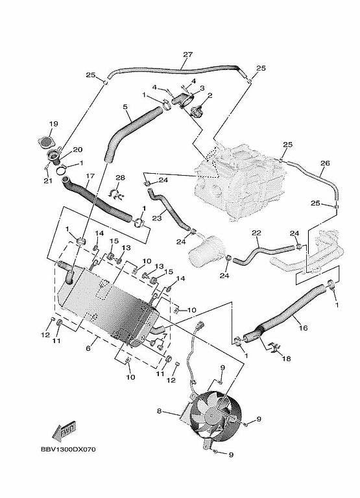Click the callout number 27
[x=188, y=54]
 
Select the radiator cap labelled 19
[x=46, y=141]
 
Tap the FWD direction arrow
[x=64, y=431]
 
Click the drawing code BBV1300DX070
[x=68, y=449]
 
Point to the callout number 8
[x=159, y=411]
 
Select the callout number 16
[x=304, y=327]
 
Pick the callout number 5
[x=125, y=107]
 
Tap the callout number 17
[x=90, y=176]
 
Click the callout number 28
[x=120, y=178]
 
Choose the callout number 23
[x=157, y=218]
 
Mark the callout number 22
[x=256, y=233]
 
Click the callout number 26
[x=325, y=163]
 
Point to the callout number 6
[x=88, y=348]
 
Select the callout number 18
[x=286, y=359]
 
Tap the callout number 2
[x=210, y=95]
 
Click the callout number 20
[x=78, y=149]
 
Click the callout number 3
[x=202, y=88]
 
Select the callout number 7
[x=165, y=336]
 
